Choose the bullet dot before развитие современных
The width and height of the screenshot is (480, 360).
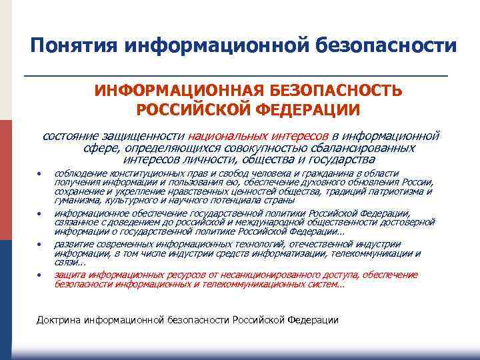39,245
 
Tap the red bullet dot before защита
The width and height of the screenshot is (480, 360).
39,275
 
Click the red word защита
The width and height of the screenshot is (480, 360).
69,275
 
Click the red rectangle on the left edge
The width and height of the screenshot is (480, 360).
6,180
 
